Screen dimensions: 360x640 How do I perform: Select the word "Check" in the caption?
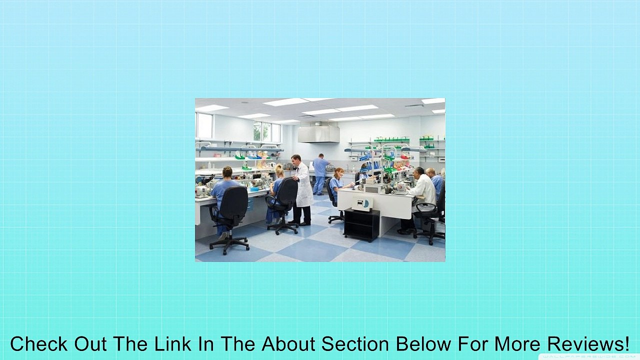(38, 344)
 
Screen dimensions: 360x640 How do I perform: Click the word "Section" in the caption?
(355, 344)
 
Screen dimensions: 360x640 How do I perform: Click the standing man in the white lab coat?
(302, 187)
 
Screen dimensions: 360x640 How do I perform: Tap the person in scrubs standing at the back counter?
(319, 173)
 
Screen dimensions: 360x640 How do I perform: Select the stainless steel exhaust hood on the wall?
(318, 133)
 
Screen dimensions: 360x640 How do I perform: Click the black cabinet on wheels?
(361, 224)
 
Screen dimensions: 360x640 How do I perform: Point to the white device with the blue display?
(362, 202)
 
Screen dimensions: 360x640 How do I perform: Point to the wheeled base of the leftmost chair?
(229, 243)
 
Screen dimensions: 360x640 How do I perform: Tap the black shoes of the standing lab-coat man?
(300, 222)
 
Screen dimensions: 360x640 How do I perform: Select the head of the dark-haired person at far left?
(226, 172)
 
